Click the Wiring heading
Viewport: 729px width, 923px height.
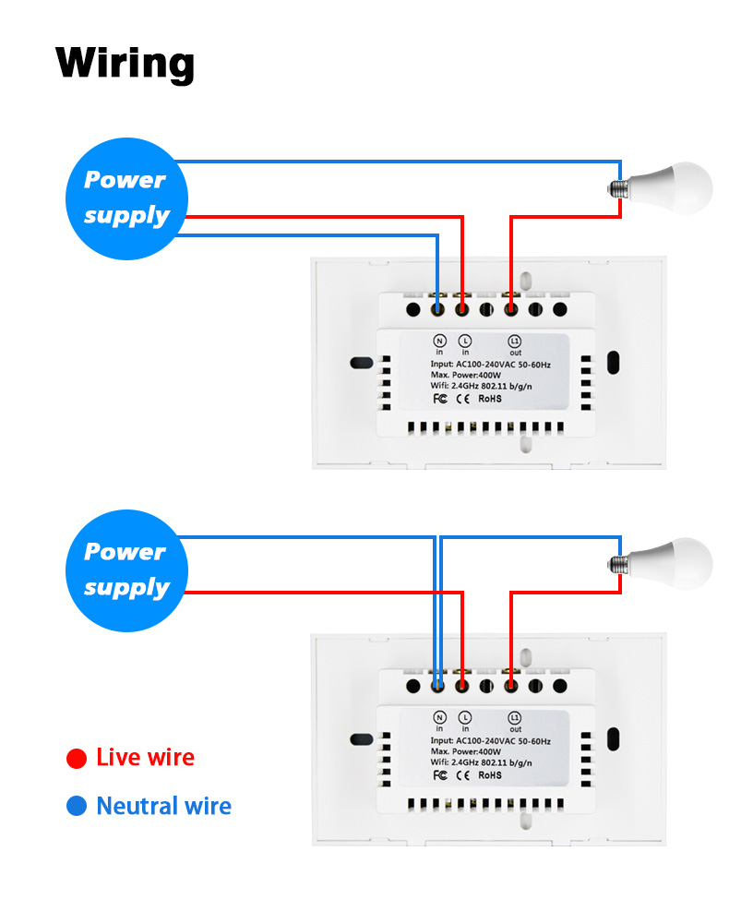pos(125,63)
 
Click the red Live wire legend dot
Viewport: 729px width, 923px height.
pos(77,759)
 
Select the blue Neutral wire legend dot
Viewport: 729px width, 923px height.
pos(77,807)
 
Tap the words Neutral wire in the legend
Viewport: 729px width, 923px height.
pos(163,807)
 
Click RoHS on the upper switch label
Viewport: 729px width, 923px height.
pos(490,399)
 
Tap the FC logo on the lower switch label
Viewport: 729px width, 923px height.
pos(440,775)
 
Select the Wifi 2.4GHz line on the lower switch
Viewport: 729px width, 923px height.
pos(482,762)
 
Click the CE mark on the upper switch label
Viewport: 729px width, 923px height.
pos(464,399)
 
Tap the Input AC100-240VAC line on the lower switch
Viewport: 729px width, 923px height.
pos(490,740)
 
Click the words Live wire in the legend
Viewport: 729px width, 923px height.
pos(145,759)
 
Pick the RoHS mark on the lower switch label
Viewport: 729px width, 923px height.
pos(490,775)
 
